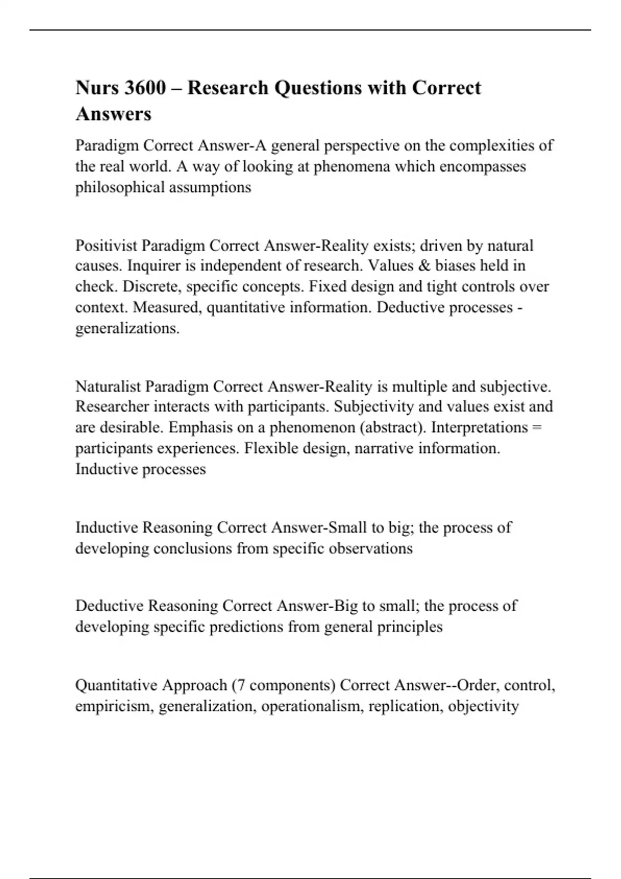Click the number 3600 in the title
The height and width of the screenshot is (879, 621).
(145, 88)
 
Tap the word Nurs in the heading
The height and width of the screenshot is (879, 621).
(97, 88)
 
